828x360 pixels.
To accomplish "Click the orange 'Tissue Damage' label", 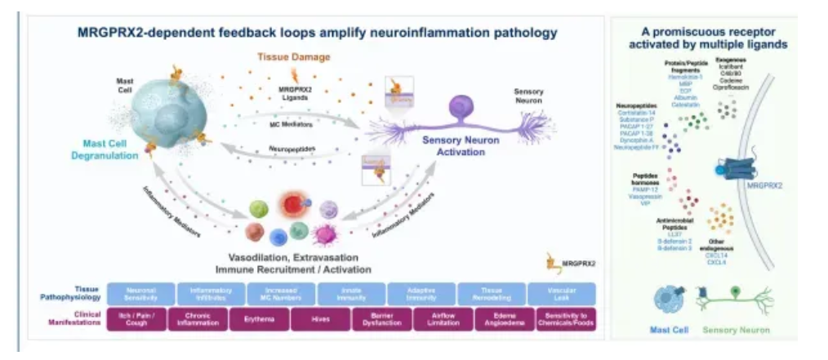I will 294,57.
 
